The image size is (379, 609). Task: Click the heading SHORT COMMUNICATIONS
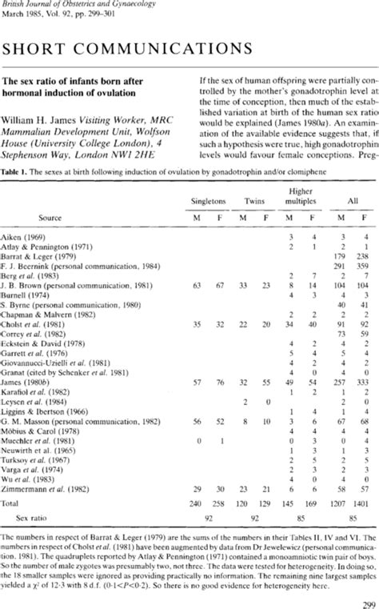pyautogui.click(x=129, y=50)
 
